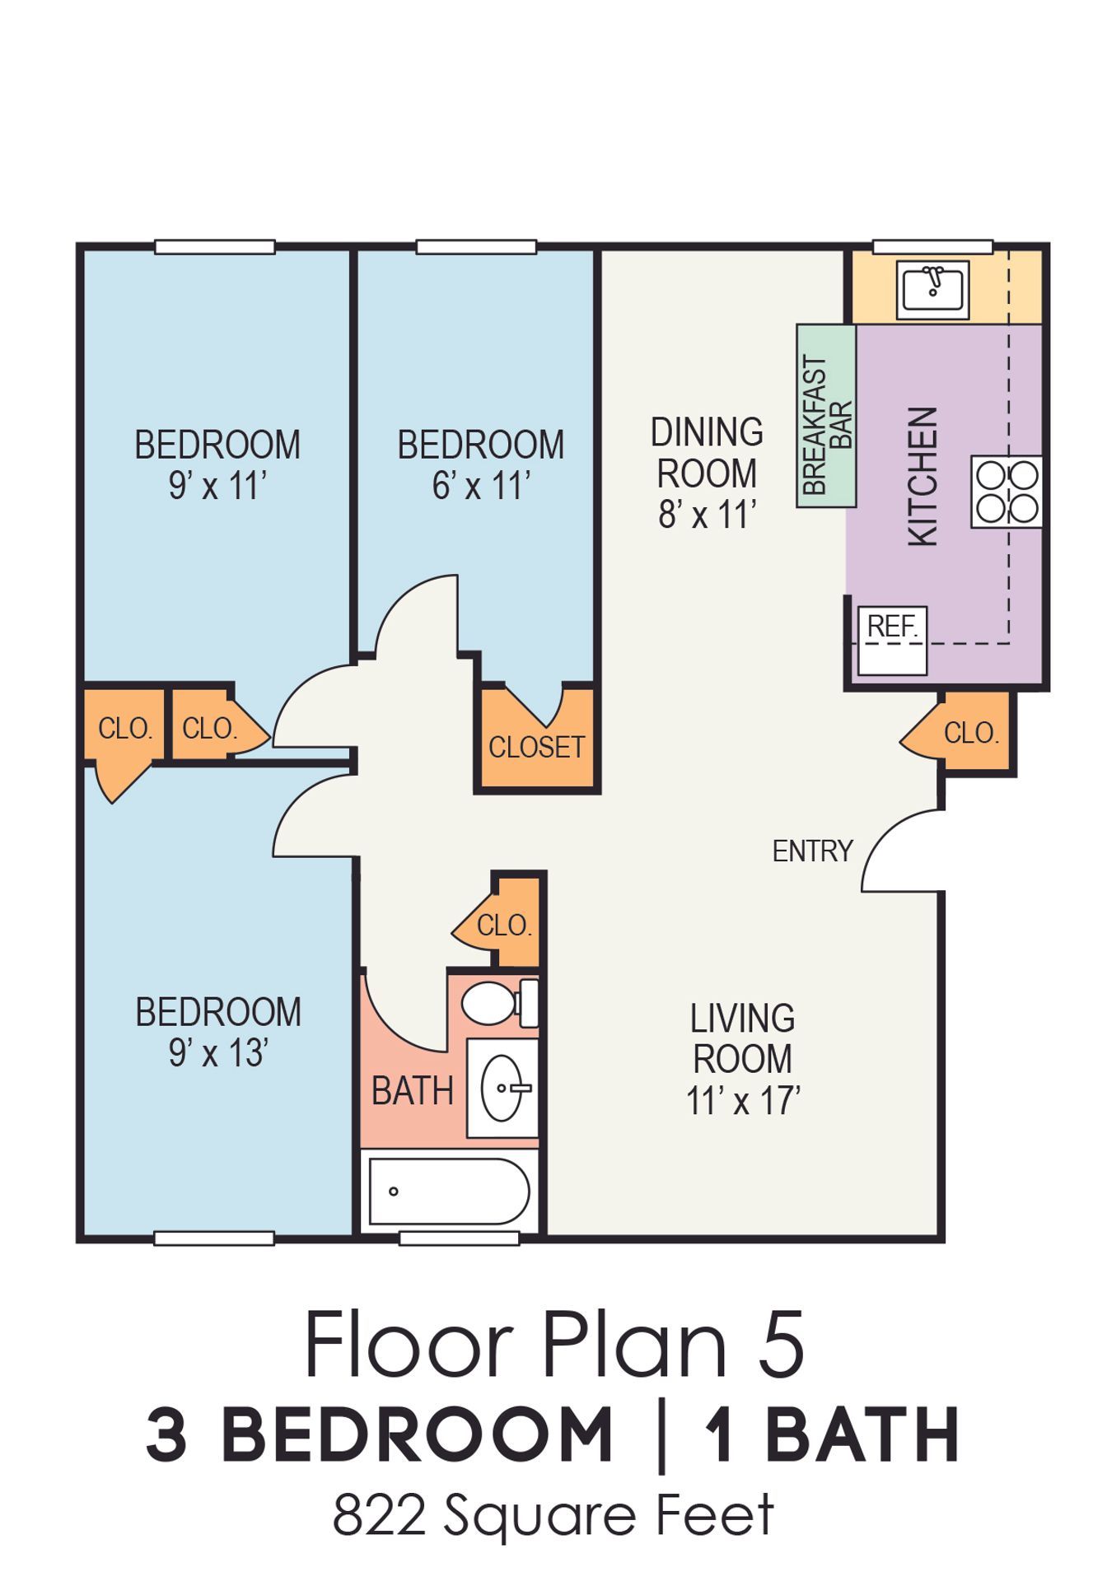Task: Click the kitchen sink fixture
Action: tap(933, 289)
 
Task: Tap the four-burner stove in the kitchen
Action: tap(1007, 492)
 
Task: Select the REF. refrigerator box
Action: tap(893, 641)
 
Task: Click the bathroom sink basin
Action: tap(503, 1088)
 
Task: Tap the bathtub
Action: tap(449, 1192)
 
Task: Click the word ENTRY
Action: tap(812, 851)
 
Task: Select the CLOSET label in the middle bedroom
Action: tap(536, 747)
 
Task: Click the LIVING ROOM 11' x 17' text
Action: tap(743, 1059)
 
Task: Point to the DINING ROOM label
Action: tap(707, 452)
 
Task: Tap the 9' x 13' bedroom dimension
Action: tap(218, 1053)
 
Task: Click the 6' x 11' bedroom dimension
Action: tap(481, 486)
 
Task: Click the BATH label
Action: tap(413, 1091)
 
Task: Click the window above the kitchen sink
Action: tap(932, 246)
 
